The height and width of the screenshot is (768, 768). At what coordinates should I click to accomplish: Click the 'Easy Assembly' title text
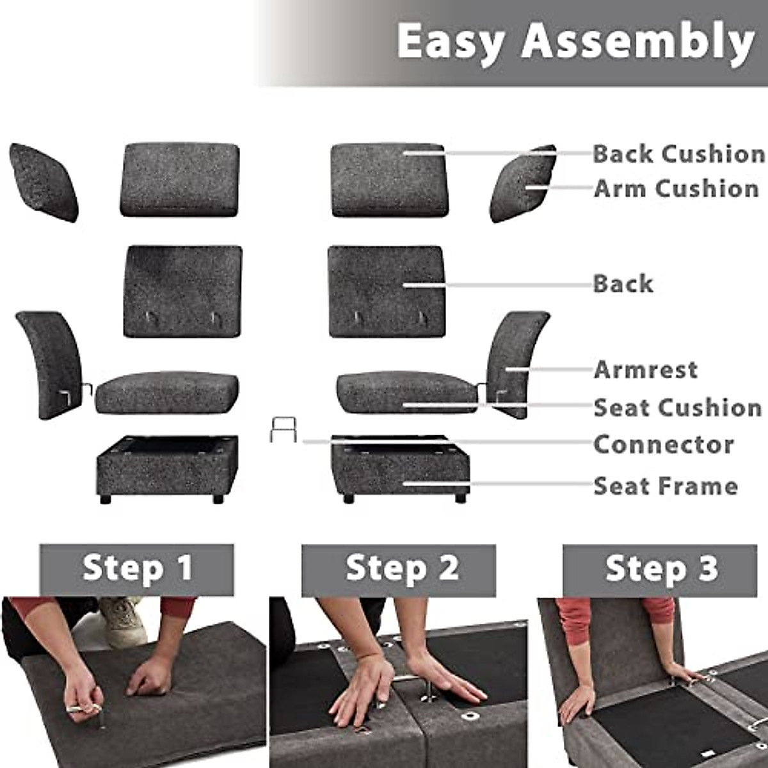pos(575,42)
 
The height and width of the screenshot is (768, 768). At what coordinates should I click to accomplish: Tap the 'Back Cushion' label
pos(678,154)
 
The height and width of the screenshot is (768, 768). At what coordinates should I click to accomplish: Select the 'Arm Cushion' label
pos(676,189)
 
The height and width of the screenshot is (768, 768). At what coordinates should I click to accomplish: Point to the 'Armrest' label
pos(645,369)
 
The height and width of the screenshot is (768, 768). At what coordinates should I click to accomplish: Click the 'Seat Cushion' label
pos(677,408)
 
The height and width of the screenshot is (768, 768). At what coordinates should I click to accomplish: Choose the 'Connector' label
pos(663,444)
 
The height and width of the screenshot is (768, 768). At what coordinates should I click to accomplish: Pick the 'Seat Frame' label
pos(666,486)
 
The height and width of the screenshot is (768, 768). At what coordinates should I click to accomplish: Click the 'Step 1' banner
pos(137,569)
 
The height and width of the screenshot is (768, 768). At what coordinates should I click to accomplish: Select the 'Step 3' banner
pos(660,569)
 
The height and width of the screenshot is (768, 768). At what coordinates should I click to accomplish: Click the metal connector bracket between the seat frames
pos(283,429)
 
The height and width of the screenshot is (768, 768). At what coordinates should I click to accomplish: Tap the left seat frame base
pos(167,468)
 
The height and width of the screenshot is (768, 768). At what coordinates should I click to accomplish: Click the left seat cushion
pos(167,392)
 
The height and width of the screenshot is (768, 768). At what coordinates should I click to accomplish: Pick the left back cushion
pos(180,180)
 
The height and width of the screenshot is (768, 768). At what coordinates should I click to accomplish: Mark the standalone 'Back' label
pos(623,284)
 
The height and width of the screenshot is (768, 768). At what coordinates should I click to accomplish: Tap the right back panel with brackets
pos(386,291)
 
